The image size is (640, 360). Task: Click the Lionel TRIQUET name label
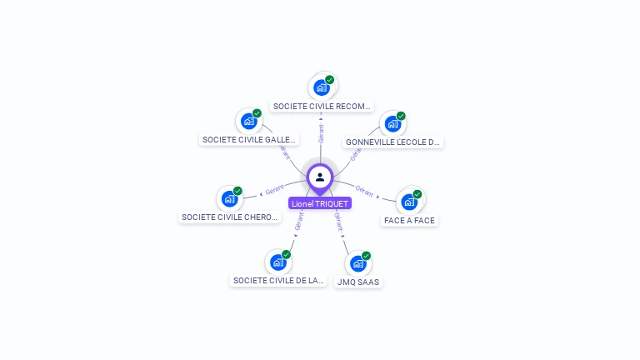click(320, 203)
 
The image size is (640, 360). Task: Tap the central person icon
click(320, 177)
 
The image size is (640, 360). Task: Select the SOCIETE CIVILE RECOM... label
click(322, 107)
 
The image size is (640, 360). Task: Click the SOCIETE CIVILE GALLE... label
click(248, 140)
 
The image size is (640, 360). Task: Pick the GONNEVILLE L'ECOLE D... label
click(392, 142)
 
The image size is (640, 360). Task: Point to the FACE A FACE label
click(409, 221)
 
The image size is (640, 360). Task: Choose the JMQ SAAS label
click(357, 282)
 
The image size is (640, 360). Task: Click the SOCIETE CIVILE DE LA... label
click(277, 281)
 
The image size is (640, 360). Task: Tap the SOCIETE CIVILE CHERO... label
click(230, 217)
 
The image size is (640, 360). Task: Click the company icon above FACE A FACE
click(409, 201)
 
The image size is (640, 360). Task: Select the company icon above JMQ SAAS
click(358, 263)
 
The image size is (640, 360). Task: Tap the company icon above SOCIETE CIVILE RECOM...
click(322, 87)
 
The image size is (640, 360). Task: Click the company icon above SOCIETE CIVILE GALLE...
click(248, 121)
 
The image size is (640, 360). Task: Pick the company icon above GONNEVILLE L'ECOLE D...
click(392, 123)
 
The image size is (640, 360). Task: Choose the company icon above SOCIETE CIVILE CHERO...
click(229, 198)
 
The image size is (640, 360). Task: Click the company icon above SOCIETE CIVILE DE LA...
click(277, 262)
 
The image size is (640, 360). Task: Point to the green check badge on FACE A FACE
click(417, 194)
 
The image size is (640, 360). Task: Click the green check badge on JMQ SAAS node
click(367, 256)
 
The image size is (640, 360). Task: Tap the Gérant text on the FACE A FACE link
click(364, 189)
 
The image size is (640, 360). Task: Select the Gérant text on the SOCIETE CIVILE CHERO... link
click(275, 190)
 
